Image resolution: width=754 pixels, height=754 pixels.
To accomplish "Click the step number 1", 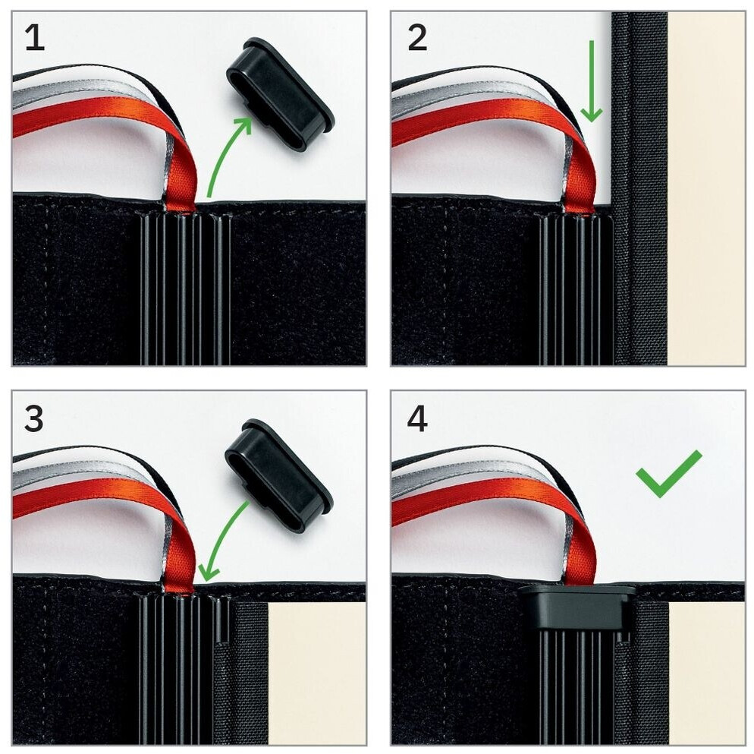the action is tap(35, 38).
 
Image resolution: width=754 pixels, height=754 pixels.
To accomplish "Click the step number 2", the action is tap(417, 38).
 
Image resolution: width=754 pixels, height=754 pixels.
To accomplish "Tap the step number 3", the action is tap(33, 419).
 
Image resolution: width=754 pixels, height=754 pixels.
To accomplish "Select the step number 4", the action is tap(417, 419).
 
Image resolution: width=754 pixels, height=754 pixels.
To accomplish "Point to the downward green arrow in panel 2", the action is tap(592, 81).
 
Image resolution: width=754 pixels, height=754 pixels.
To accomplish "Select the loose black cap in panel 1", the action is tap(281, 95).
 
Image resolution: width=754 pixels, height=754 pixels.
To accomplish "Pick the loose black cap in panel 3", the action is tap(279, 475).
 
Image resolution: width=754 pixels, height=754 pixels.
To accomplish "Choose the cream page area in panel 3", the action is tap(317, 673).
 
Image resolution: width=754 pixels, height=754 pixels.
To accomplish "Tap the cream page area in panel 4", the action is tap(706, 673).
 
